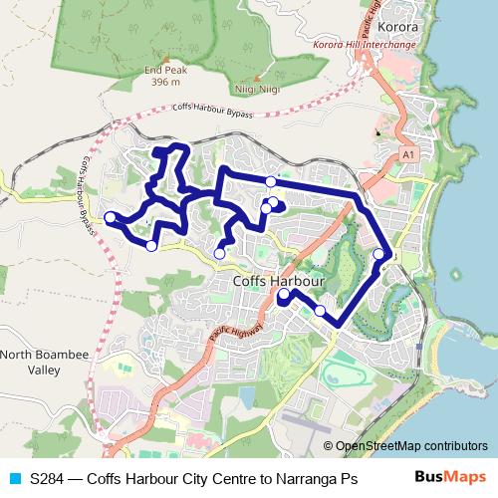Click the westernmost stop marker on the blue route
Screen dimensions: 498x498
click(x=110, y=217)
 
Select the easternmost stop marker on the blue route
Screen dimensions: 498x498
click(x=378, y=255)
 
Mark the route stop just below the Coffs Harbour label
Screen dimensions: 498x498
click(x=284, y=296)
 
